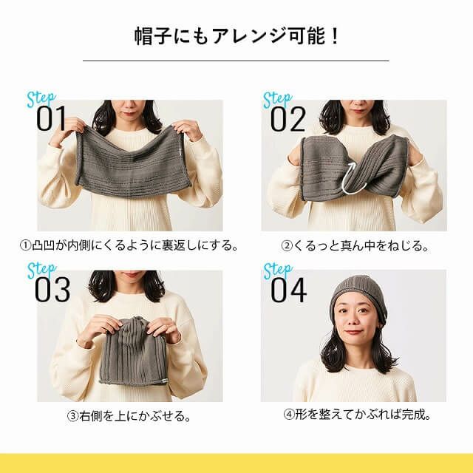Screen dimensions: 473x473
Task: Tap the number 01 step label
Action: click(52, 120)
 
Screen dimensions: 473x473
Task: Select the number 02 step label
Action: click(287, 120)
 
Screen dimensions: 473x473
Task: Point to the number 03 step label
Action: click(52, 290)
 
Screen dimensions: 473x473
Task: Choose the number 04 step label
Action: click(288, 290)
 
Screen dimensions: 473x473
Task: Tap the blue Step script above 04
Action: click(278, 270)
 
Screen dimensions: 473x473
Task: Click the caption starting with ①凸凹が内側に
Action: click(129, 245)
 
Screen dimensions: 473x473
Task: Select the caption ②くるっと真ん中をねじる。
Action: click(355, 245)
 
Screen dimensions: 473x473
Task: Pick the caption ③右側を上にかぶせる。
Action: click(129, 415)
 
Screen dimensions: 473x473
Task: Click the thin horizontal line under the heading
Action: click(236, 61)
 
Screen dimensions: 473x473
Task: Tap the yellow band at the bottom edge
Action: click(236, 463)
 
